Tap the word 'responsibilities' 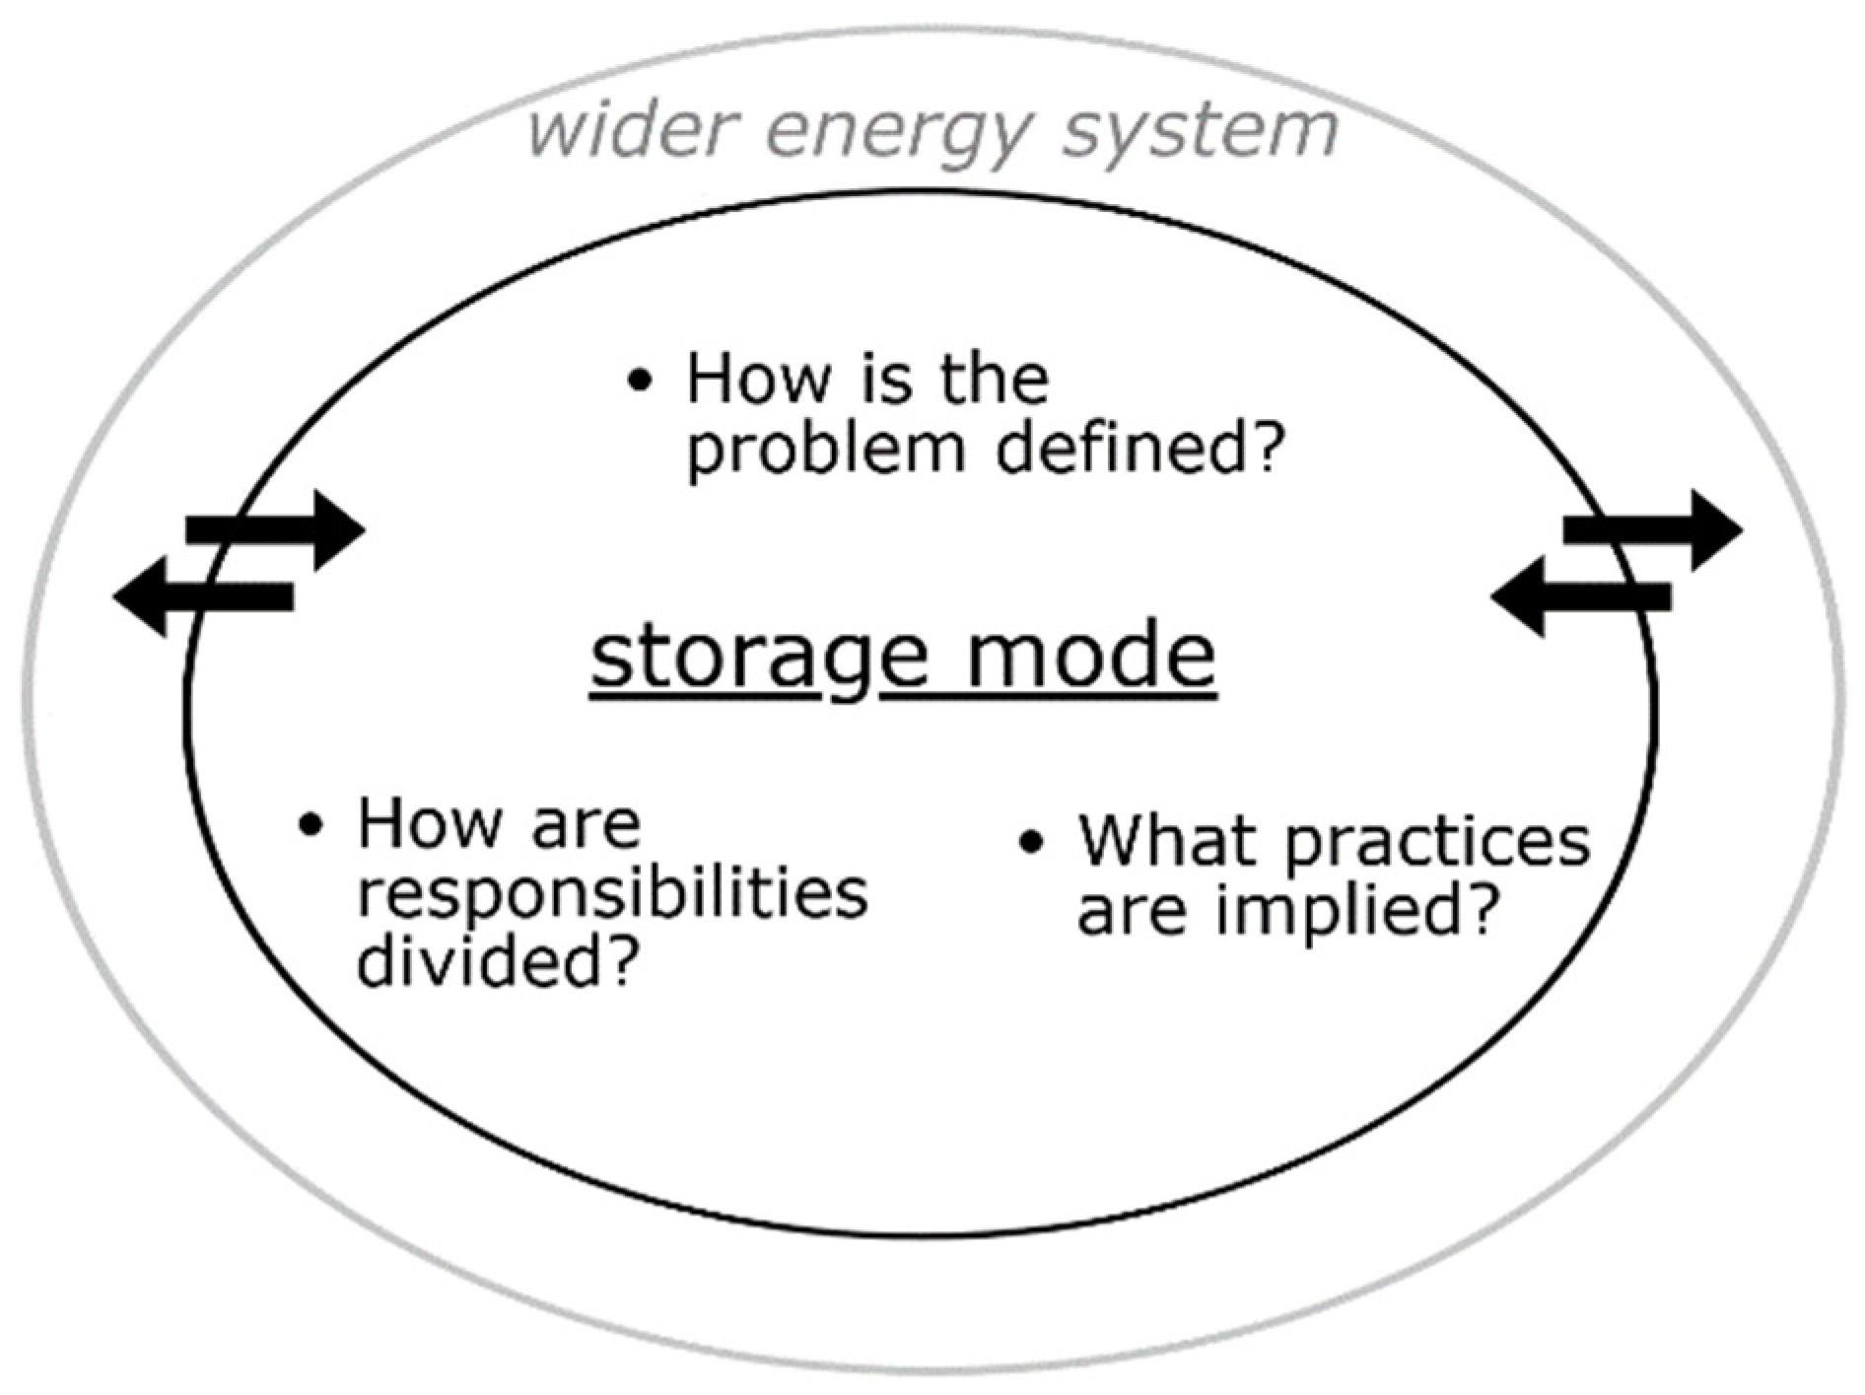612,895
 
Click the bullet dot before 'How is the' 640,380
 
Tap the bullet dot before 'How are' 311,824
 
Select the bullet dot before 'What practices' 1031,842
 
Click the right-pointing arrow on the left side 276,529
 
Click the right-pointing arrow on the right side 1653,529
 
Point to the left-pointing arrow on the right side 1581,596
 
